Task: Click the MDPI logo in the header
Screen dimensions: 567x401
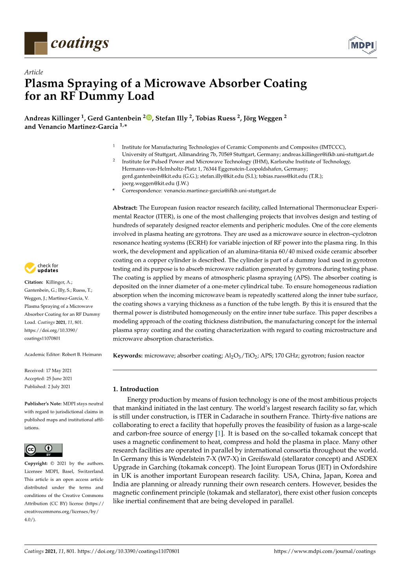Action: click(x=362, y=45)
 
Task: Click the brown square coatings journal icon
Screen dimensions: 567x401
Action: click(x=36, y=43)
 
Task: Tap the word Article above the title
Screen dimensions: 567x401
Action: click(x=33, y=72)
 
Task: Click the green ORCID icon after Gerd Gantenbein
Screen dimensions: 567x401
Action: click(x=149, y=118)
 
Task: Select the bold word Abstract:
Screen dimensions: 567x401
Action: click(x=125, y=208)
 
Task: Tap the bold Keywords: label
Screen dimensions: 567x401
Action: click(x=128, y=355)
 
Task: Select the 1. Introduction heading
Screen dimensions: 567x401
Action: click(x=136, y=389)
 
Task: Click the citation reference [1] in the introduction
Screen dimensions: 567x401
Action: click(x=219, y=433)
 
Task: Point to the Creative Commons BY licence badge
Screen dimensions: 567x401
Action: click(x=43, y=450)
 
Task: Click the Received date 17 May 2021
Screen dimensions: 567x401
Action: click(x=59, y=370)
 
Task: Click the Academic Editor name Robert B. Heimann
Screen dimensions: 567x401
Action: click(x=82, y=354)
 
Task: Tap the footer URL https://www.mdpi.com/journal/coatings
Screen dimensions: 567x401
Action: click(x=325, y=551)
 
